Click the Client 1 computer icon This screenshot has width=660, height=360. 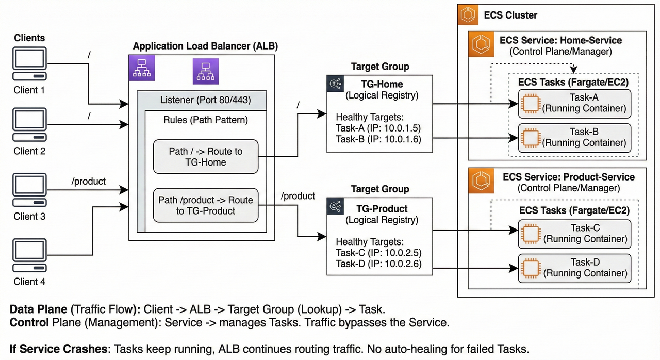coord(30,63)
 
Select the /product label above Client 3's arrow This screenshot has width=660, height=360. coord(89,182)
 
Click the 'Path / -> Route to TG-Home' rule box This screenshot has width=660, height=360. coord(205,156)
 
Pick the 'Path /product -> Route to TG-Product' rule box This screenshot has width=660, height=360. coord(205,205)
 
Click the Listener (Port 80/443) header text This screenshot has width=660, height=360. coord(206,100)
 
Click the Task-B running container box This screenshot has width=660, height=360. coord(574,137)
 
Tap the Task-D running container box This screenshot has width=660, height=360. coord(574,268)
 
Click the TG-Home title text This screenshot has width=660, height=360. coord(382,85)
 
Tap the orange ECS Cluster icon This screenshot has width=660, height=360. coord(468,15)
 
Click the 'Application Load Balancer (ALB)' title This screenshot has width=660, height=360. coord(205,46)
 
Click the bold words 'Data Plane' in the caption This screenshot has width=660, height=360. coord(38,309)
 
